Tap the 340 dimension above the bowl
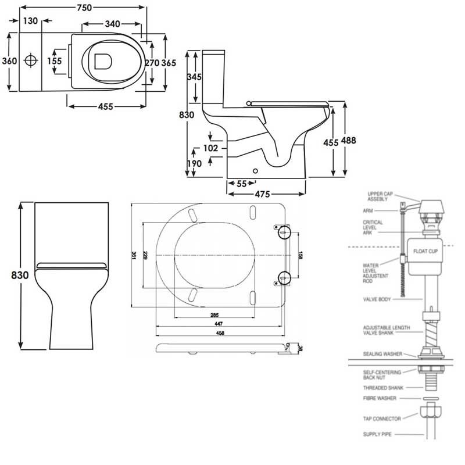[112, 24]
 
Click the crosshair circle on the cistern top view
[31, 60]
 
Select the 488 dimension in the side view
[349, 140]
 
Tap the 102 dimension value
[210, 148]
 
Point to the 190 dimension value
[194, 164]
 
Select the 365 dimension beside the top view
[168, 62]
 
